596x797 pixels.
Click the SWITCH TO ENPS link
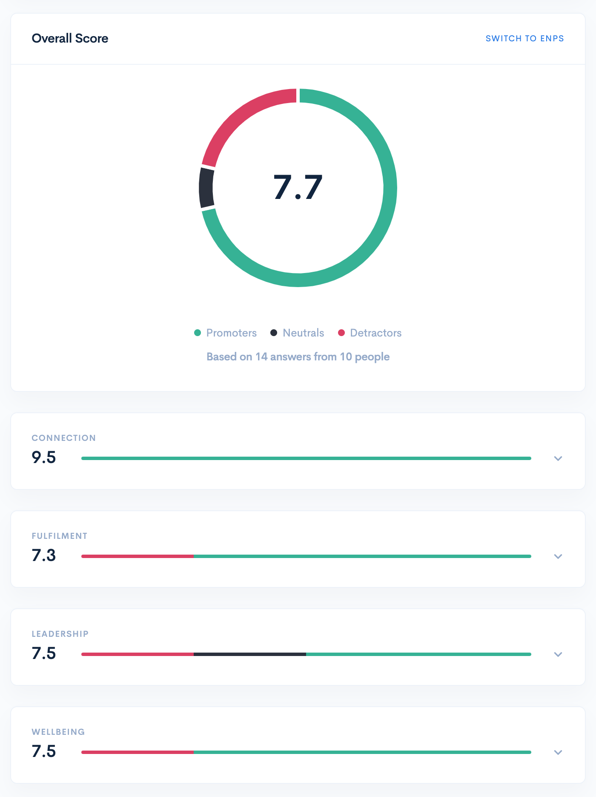pyautogui.click(x=524, y=38)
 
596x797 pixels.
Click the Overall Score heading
pyautogui.click(x=70, y=38)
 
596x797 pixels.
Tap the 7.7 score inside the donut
pyautogui.click(x=298, y=187)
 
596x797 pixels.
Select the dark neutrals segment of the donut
pyautogui.click(x=206, y=188)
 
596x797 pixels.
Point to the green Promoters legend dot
pyautogui.click(x=198, y=333)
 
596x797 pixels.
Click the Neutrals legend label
pyautogui.click(x=303, y=333)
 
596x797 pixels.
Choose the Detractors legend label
pyautogui.click(x=375, y=333)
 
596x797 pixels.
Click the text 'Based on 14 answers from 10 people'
pyautogui.click(x=298, y=357)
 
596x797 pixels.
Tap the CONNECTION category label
pyautogui.click(x=64, y=438)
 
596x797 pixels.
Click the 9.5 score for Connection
pyautogui.click(x=44, y=457)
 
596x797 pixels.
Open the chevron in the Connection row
pyautogui.click(x=558, y=458)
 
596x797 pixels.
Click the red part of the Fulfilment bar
pyautogui.click(x=138, y=556)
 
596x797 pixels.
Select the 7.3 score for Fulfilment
pyautogui.click(x=44, y=555)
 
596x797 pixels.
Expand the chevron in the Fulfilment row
pyautogui.click(x=558, y=556)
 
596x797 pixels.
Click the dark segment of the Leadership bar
pyautogui.click(x=250, y=654)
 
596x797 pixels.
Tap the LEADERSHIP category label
pyautogui.click(x=60, y=634)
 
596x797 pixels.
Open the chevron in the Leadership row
pyautogui.click(x=558, y=654)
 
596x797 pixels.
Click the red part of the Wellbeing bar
pyautogui.click(x=138, y=752)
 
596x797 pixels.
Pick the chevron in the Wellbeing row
pyautogui.click(x=558, y=752)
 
